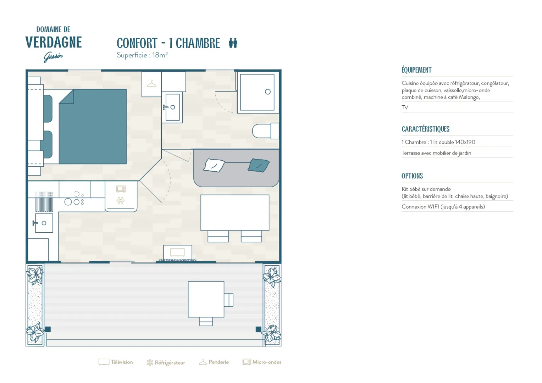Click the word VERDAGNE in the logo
[54, 42]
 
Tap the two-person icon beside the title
[233, 43]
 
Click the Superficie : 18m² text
[142, 55]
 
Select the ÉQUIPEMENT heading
[416, 70]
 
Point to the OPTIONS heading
[412, 176]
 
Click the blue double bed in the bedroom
[93, 127]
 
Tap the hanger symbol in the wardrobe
[151, 84]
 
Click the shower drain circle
[267, 92]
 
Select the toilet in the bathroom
[265, 131]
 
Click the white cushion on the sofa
[214, 165]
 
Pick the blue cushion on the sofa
[259, 165]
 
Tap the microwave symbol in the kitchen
[121, 189]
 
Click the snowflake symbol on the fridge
[121, 201]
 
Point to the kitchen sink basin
[44, 223]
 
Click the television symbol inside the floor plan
[177, 252]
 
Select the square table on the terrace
[206, 299]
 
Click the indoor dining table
[235, 213]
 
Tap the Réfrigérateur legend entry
[166, 362]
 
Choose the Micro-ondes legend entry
[262, 362]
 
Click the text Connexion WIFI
[420, 207]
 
